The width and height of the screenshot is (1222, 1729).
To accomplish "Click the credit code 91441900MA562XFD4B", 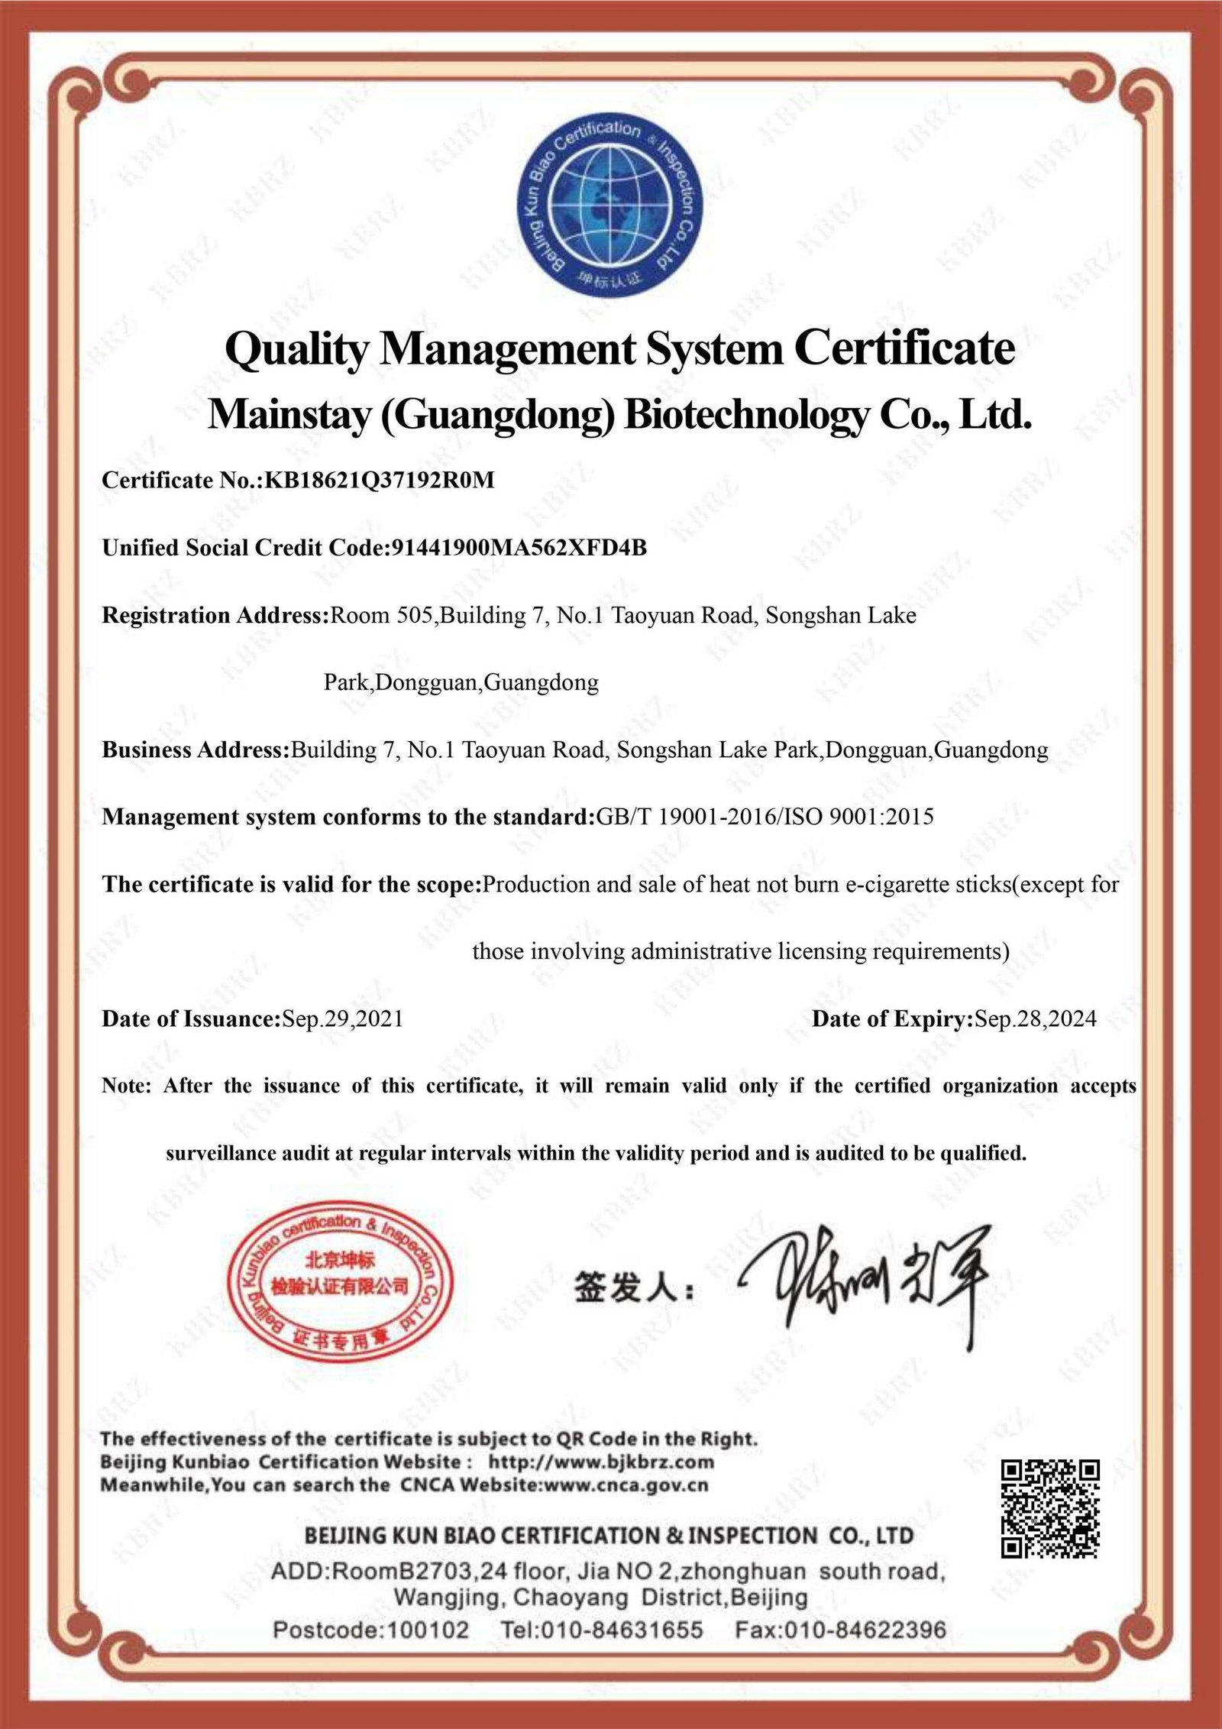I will click(519, 548).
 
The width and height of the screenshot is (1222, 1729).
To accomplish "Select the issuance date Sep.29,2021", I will click(343, 1018).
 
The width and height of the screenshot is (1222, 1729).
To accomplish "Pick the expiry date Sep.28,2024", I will click(1035, 1018).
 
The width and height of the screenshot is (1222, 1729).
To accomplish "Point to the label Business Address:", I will click(196, 750).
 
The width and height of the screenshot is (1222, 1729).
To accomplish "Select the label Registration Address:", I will click(215, 615).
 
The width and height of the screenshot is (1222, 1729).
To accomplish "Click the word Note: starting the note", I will click(127, 1086).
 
